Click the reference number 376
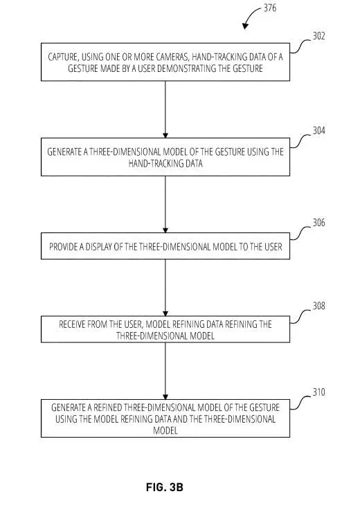coord(270,8)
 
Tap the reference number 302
coord(318,36)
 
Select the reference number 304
coord(318,131)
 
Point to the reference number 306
coord(318,223)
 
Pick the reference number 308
coord(318,306)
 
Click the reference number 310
coord(318,392)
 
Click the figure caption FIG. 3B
coord(165,487)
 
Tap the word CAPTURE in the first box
coord(63,57)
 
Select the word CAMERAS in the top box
coord(172,57)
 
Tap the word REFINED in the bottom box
coord(107,407)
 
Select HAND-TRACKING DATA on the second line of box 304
coord(165,164)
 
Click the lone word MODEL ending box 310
coord(165,431)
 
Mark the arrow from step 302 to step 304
coord(165,109)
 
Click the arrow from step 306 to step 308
coord(165,288)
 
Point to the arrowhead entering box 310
coord(165,397)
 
